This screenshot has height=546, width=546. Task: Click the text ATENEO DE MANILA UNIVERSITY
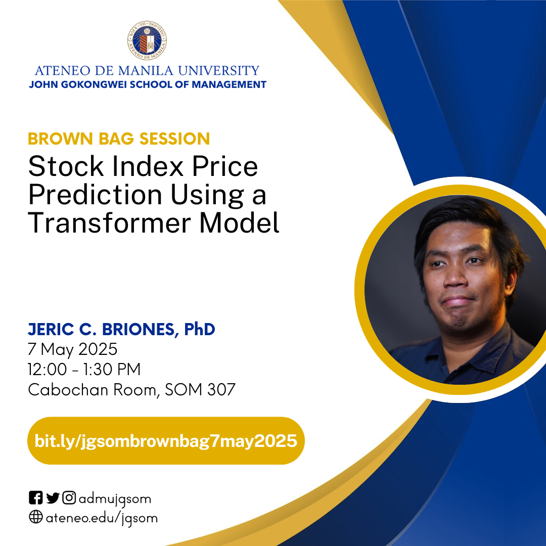[x=147, y=70]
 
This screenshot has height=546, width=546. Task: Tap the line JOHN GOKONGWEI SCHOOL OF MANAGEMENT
[x=147, y=84]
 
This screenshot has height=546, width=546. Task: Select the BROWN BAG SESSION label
[x=119, y=139]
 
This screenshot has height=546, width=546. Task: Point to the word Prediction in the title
[x=95, y=195]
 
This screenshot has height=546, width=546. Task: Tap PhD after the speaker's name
[x=199, y=330]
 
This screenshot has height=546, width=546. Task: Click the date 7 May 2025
[x=73, y=349]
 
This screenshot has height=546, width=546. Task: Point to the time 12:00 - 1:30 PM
[x=84, y=370]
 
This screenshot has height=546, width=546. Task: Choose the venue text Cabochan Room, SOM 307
[x=131, y=390]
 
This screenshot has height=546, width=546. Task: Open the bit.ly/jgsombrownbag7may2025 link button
[x=165, y=441]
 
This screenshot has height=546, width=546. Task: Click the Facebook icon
[x=35, y=498]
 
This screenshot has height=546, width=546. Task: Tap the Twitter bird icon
[x=53, y=498]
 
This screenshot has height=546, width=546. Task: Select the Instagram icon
[x=69, y=498]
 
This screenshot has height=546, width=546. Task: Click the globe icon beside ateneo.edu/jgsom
[x=35, y=518]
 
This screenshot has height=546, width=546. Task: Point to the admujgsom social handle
[x=115, y=499]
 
